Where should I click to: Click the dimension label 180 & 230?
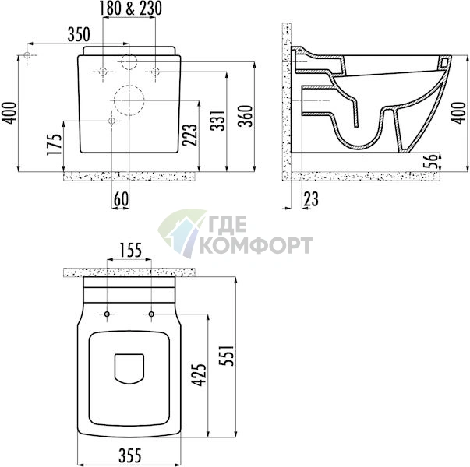[130, 9]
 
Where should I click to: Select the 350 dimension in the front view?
[79, 34]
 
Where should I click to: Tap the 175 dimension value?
[55, 144]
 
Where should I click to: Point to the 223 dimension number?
[190, 135]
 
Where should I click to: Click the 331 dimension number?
[217, 121]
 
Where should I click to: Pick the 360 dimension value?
[246, 116]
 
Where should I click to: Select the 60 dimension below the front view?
[121, 198]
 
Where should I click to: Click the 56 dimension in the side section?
[431, 162]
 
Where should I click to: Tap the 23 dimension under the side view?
[311, 199]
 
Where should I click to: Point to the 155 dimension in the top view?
[130, 251]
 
